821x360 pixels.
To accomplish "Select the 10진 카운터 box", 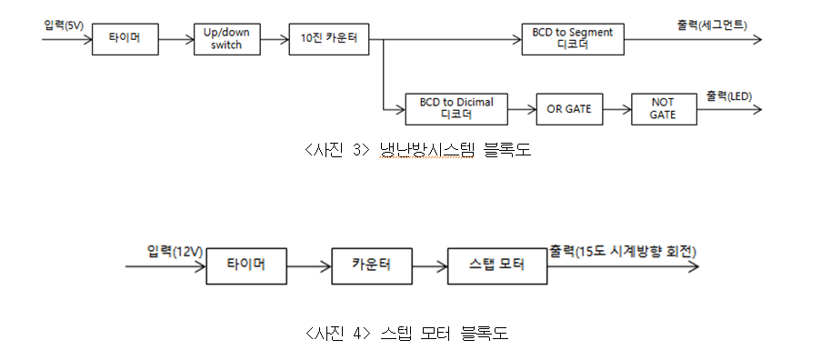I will (x=328, y=40).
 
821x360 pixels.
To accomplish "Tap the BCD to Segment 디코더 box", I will (x=573, y=40).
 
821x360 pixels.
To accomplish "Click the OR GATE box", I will (x=569, y=109).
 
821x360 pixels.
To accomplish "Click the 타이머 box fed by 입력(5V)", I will (x=125, y=40).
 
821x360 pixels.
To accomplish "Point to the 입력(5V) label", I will (x=64, y=25).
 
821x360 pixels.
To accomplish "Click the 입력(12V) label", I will (x=173, y=250).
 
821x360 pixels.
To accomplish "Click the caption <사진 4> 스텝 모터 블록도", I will (x=406, y=334).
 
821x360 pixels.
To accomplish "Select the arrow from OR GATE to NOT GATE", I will (x=616, y=109).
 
